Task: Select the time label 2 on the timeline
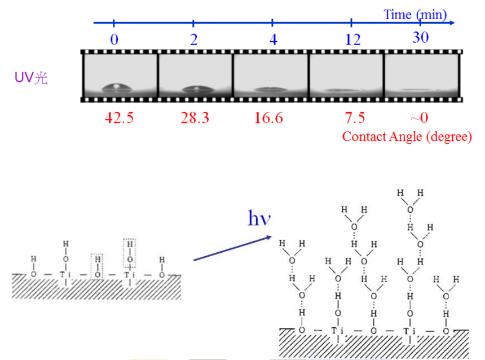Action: (193, 39)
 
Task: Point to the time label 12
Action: (352, 39)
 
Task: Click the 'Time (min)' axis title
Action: (415, 15)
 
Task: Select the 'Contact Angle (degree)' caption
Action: (407, 137)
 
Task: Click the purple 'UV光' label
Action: (31, 78)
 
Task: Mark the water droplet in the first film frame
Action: (117, 88)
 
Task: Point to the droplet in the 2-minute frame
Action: (195, 89)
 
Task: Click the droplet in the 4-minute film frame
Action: (270, 90)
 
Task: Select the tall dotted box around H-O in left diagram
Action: (130, 253)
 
